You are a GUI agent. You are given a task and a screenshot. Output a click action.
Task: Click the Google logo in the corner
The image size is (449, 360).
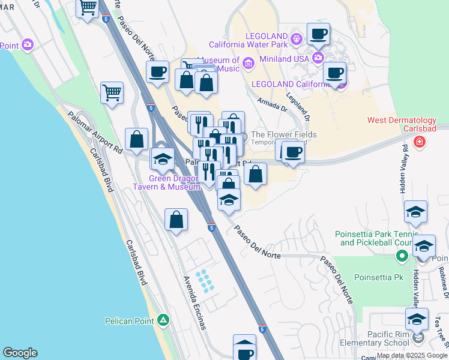click(20, 353)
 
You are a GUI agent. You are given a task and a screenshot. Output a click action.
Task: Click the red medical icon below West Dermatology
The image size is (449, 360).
click(420, 142)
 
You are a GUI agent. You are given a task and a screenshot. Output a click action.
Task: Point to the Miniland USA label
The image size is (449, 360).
click(285, 58)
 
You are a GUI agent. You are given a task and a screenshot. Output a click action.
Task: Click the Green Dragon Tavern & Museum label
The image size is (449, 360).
click(166, 182)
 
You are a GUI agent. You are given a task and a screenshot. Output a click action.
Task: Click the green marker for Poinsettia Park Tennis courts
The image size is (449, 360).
click(402, 257)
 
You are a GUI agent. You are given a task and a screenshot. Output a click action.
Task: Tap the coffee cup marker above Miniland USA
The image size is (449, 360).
click(318, 35)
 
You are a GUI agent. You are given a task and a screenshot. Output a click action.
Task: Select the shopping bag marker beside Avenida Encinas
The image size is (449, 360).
click(176, 220)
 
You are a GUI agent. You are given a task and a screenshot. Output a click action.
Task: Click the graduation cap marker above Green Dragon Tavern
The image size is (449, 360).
click(161, 160)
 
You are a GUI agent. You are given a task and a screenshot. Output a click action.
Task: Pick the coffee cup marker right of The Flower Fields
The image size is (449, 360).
click(292, 152)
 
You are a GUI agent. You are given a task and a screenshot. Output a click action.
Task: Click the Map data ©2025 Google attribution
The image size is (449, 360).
click(412, 355)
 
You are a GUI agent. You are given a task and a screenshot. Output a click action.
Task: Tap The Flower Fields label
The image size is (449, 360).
click(283, 135)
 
